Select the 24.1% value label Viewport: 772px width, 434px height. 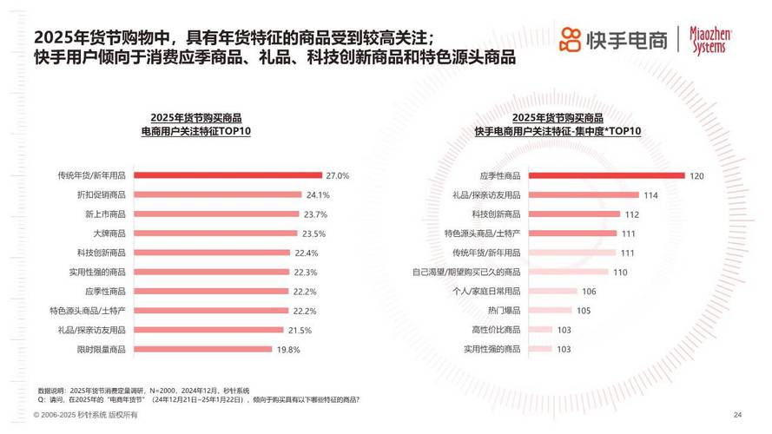317,194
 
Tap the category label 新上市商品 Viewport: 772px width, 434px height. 105,214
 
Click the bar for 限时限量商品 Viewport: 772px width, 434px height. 203,349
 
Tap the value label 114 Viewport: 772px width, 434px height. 650,195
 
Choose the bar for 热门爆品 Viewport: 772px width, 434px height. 550,310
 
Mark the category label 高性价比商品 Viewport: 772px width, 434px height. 496,330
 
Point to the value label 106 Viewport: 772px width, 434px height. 589,292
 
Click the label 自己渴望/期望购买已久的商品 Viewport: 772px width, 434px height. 465,272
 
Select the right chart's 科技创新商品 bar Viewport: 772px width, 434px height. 574,214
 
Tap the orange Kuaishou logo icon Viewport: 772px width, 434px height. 570,39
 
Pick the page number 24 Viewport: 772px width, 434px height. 737,414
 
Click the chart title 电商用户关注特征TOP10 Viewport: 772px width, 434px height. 196,130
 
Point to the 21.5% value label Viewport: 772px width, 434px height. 299,330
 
